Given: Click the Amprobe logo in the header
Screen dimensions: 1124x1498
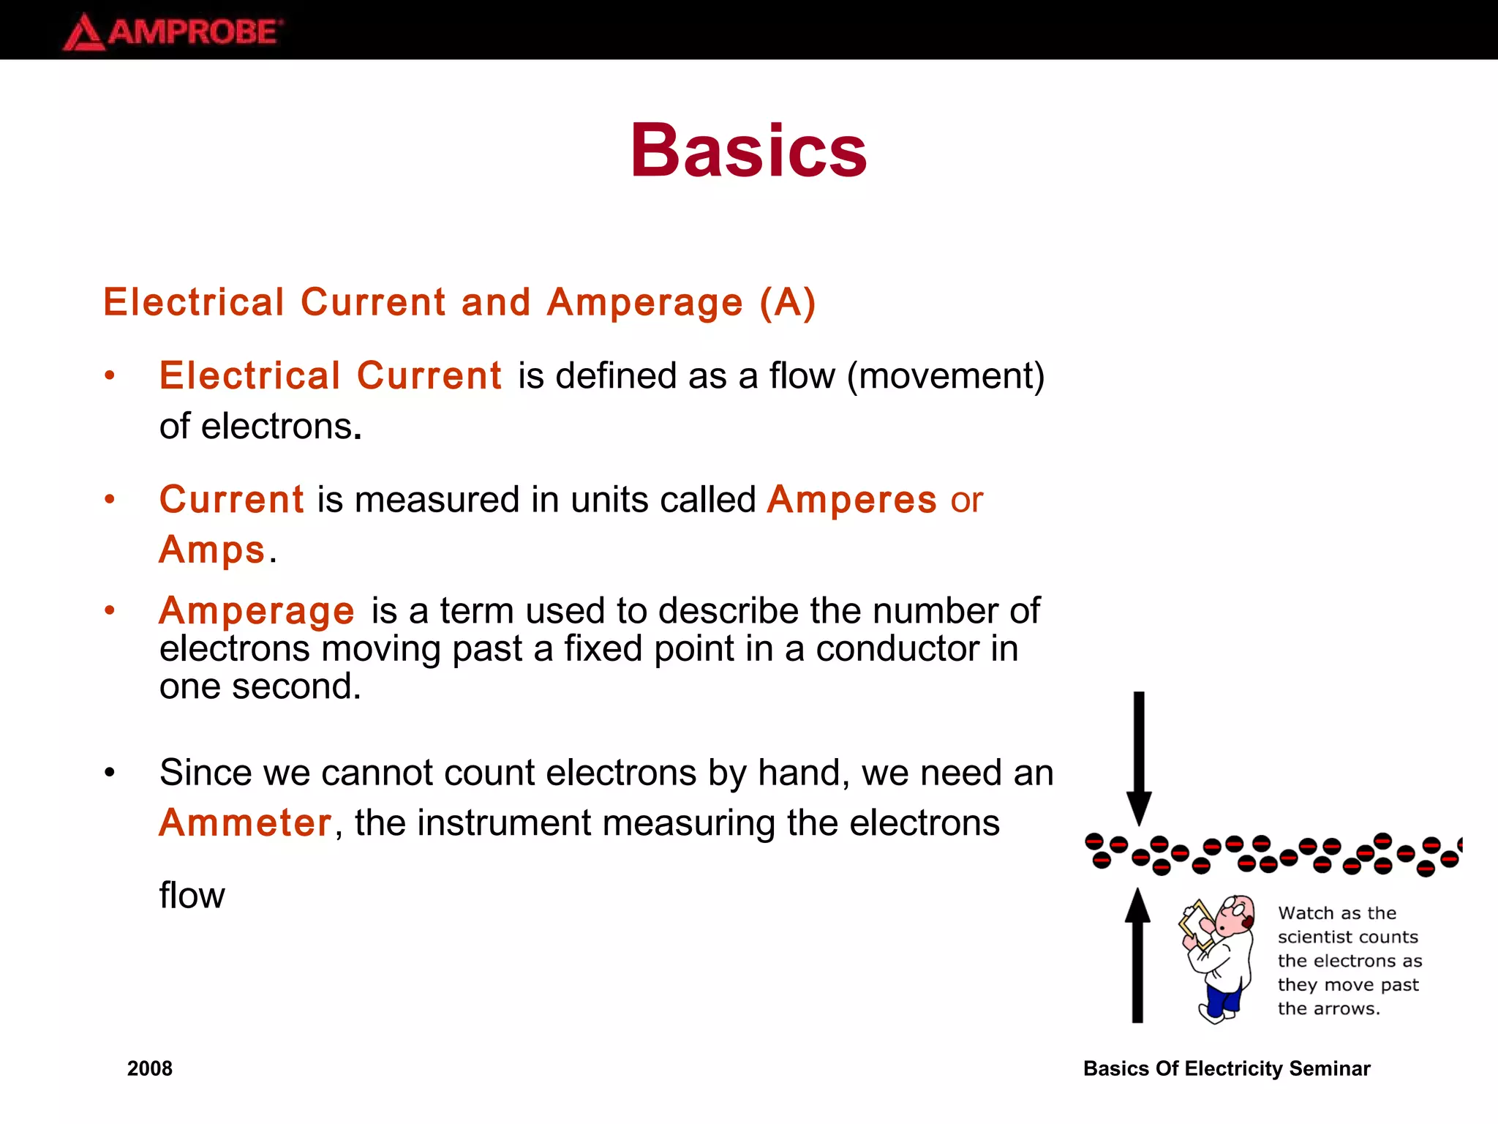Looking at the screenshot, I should coord(173,32).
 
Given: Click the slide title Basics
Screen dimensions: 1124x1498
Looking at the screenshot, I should coord(748,151).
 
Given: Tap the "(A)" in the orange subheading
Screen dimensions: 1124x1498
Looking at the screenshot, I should coord(788,303).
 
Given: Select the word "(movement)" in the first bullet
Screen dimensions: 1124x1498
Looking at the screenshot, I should coord(946,377).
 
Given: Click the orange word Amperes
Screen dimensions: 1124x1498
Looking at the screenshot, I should coord(851,501).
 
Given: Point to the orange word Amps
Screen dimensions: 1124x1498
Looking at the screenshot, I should coord(212,550).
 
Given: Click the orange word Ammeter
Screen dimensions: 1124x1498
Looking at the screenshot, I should coord(246,823).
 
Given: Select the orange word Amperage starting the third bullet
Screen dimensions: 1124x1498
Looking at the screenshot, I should coord(257,611).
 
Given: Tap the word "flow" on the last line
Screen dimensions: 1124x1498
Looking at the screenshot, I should coord(192,896).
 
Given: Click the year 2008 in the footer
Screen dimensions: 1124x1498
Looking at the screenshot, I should coord(150,1068).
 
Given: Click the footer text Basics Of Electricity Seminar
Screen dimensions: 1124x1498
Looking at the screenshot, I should coord(1226,1068).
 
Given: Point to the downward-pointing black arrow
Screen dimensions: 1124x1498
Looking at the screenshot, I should coord(1139,757).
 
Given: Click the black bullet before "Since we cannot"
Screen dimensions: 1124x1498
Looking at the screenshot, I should coord(110,773).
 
